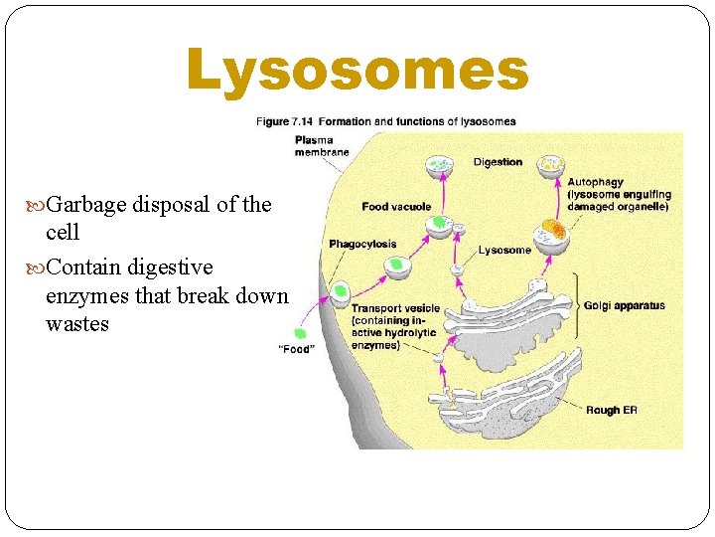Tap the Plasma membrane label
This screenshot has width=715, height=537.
(x=321, y=146)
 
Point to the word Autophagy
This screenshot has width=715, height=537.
(x=595, y=183)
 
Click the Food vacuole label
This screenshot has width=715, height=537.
(x=396, y=207)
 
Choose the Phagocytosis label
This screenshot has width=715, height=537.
(x=362, y=244)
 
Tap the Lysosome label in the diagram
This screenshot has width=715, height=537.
(x=504, y=251)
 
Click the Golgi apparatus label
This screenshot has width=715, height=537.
(x=624, y=306)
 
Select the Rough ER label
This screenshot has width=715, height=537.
(x=610, y=410)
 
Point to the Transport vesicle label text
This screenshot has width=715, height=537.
(x=395, y=309)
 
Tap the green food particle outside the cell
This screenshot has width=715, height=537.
(x=300, y=333)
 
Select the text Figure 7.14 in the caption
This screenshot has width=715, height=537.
(x=287, y=121)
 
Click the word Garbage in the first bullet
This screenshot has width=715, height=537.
(x=85, y=205)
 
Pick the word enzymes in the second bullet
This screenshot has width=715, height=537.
(x=82, y=296)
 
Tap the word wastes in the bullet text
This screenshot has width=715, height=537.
(x=77, y=324)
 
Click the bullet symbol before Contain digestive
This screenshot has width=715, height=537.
(x=37, y=268)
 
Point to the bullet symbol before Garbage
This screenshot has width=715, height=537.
(x=37, y=205)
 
